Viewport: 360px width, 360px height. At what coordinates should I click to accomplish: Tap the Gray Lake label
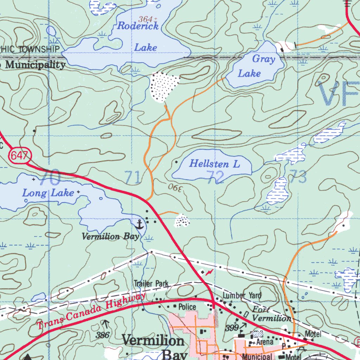pyautogui.click(x=256, y=66)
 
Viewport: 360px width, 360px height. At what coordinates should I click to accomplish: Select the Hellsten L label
pyautogui.click(x=214, y=163)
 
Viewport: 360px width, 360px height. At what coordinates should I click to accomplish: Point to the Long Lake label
pyautogui.click(x=48, y=193)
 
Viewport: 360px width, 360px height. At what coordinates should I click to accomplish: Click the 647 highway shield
pyautogui.click(x=20, y=155)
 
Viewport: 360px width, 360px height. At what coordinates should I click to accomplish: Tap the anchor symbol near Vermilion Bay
pyautogui.click(x=140, y=224)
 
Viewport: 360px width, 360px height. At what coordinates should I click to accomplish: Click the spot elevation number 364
pyautogui.click(x=146, y=19)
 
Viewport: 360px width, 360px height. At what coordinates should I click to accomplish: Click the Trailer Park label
pyautogui.click(x=151, y=283)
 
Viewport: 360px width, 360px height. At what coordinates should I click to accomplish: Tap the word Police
pyautogui.click(x=187, y=307)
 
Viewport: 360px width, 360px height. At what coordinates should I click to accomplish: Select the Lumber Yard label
pyautogui.click(x=242, y=295)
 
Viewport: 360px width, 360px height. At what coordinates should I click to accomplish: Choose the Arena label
pyautogui.click(x=265, y=341)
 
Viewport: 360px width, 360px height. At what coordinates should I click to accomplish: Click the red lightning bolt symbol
pyautogui.click(x=209, y=272)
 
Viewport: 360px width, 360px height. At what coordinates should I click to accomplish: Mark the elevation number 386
pyautogui.click(x=103, y=335)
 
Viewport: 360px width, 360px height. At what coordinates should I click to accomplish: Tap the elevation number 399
pyautogui.click(x=232, y=328)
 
